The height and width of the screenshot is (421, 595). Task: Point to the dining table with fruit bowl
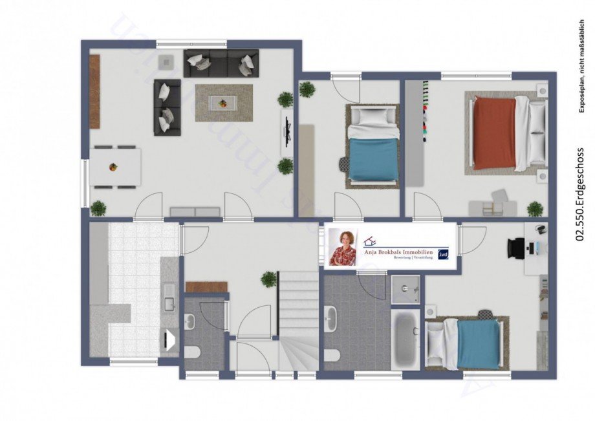click(x=115, y=167)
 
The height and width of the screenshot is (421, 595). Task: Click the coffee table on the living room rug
click(x=223, y=103)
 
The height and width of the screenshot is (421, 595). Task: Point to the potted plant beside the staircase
click(x=268, y=279)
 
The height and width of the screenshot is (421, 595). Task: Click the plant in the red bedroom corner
click(x=535, y=208)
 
